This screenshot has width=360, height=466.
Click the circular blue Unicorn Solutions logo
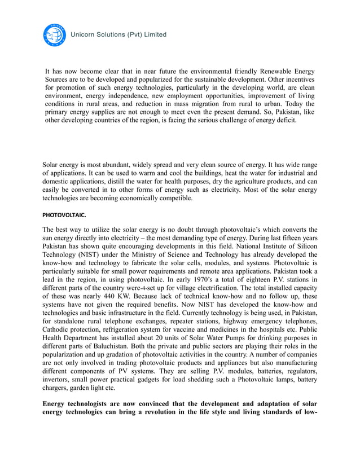tap(55, 35)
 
